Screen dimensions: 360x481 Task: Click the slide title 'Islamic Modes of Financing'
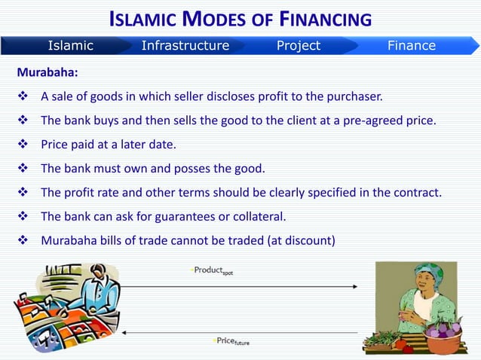pyautogui.click(x=240, y=18)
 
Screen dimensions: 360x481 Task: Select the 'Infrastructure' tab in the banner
pyautogui.click(x=185, y=46)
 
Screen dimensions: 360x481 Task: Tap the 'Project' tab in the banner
pyautogui.click(x=298, y=46)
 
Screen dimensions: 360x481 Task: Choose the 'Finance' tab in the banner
pyautogui.click(x=411, y=46)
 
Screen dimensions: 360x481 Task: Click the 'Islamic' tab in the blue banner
pyautogui.click(x=71, y=46)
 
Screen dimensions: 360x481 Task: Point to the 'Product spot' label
pyautogui.click(x=213, y=270)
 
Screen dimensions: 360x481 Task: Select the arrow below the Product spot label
pyautogui.click(x=238, y=286)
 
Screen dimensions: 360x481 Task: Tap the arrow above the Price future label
pyautogui.click(x=238, y=331)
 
